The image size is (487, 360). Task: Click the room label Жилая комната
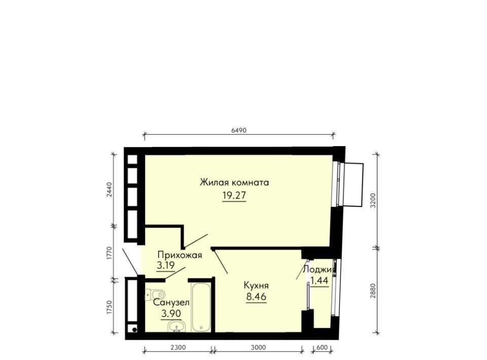234,183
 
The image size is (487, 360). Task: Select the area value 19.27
234,196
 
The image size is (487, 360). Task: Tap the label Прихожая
180,256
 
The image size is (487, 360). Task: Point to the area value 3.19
166,266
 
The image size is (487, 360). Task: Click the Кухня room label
256,285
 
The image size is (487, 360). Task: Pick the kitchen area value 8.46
256,297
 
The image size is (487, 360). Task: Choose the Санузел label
171,302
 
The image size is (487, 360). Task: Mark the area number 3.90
171,314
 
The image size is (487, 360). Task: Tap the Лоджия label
320,270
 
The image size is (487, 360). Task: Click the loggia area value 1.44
320,281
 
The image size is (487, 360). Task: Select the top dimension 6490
238,130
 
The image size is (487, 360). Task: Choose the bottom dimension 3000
258,348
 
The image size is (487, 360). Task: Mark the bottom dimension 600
323,348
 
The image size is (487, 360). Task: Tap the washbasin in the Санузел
177,327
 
